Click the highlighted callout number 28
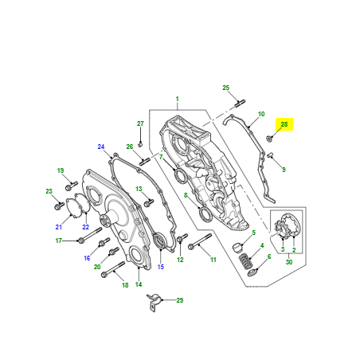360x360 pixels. pyautogui.click(x=284, y=124)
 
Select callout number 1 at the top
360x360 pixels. pyautogui.click(x=177, y=101)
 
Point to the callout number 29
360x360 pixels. pyautogui.click(x=179, y=299)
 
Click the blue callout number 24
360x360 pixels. pyautogui.click(x=101, y=147)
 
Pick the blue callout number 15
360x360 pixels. pyautogui.click(x=160, y=266)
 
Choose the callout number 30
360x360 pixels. pyautogui.click(x=288, y=262)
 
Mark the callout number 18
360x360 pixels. pyautogui.click(x=123, y=284)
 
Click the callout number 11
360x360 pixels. pyautogui.click(x=213, y=260)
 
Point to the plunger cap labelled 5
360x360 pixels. pyautogui.click(x=237, y=247)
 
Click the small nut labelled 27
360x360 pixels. pyautogui.click(x=140, y=143)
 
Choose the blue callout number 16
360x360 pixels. pyautogui.click(x=87, y=258)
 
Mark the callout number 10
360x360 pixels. pyautogui.click(x=260, y=114)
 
